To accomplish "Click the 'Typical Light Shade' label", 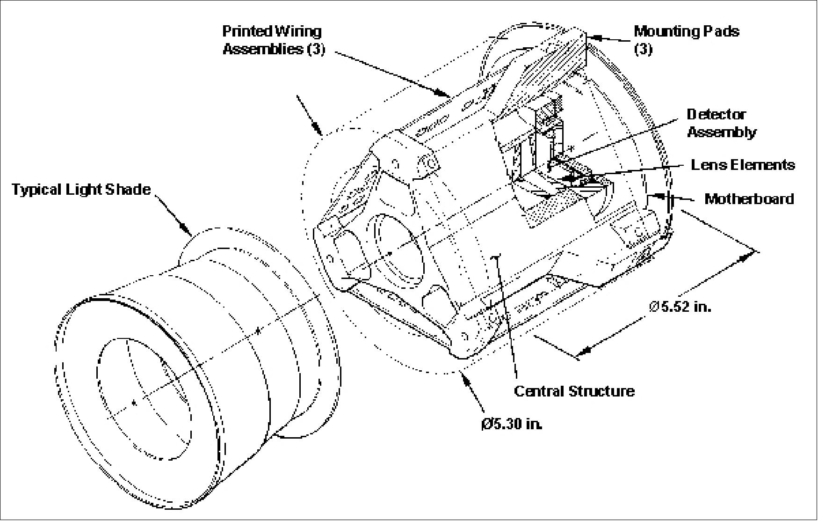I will click(x=81, y=190).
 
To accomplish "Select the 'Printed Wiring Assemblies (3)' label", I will click(x=273, y=40).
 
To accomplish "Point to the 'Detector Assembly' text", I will click(x=721, y=123).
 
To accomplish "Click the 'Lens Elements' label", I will click(x=743, y=165).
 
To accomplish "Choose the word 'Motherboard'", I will click(x=749, y=199).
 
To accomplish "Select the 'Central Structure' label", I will click(x=574, y=391).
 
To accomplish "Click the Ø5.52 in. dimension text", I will click(x=680, y=307).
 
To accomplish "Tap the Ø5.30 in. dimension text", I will click(x=512, y=424).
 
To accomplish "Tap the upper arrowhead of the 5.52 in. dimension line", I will click(x=748, y=254).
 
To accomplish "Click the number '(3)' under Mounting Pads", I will click(x=643, y=49).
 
